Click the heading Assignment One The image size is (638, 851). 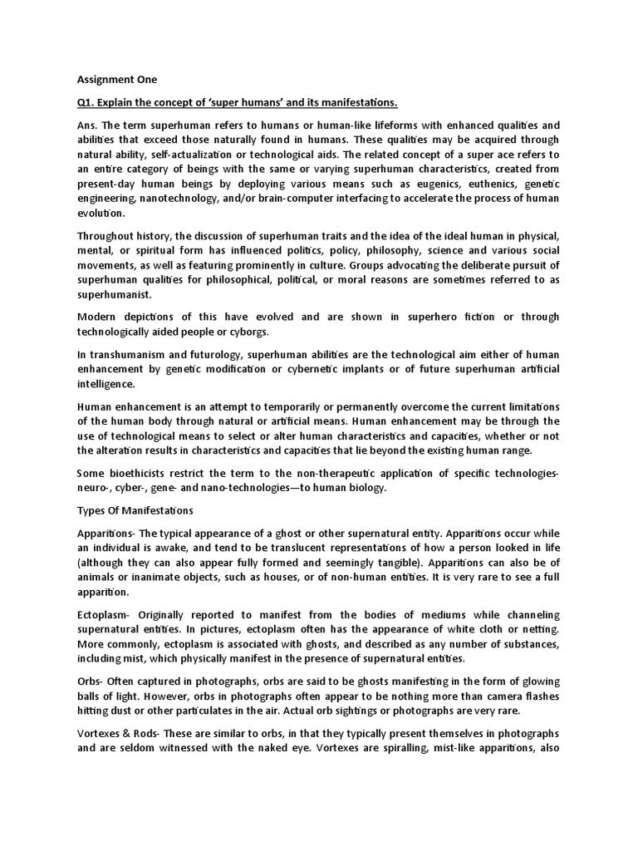coord(116,80)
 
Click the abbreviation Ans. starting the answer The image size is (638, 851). coord(88,124)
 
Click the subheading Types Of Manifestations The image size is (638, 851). coord(135,510)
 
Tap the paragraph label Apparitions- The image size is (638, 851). coord(107,532)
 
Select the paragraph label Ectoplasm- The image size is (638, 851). coord(107,614)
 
